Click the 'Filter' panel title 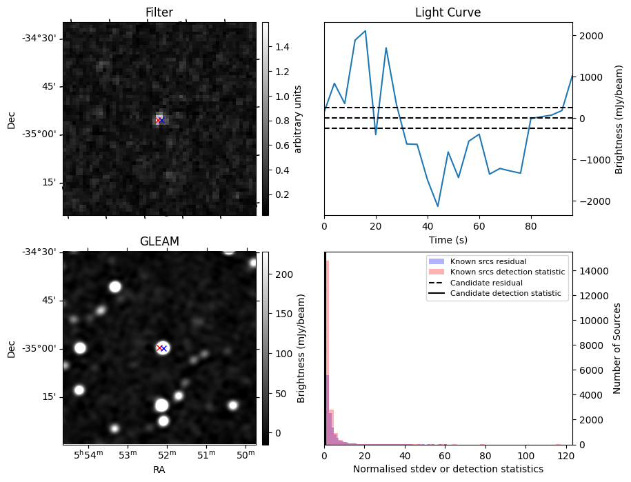pos(159,12)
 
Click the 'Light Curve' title pos(448,12)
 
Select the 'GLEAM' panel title pos(159,241)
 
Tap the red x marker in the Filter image pos(158,121)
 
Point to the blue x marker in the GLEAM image pos(164,349)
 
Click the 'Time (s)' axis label pos(448,240)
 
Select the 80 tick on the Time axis pos(530,226)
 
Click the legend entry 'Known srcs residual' pos(488,262)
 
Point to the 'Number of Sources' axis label pos(617,348)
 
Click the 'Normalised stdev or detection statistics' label pos(448,469)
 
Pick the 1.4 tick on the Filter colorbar pos(282,47)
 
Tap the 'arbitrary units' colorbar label pos(298,119)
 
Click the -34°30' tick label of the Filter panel pos(39,38)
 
